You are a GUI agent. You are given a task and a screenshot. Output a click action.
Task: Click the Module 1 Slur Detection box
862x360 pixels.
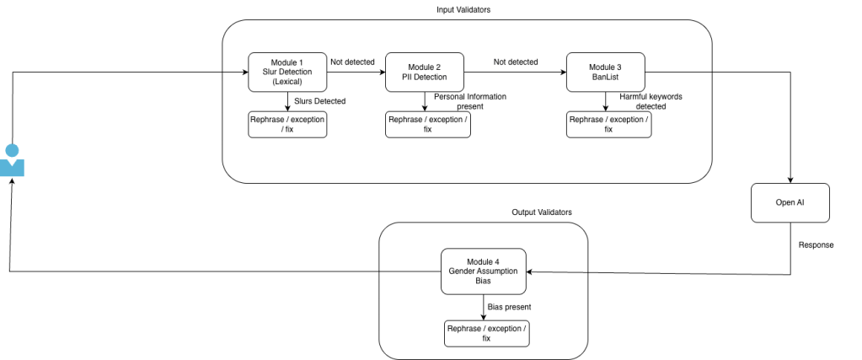[x=287, y=73]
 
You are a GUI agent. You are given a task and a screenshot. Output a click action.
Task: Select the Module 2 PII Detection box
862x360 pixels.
[x=425, y=73]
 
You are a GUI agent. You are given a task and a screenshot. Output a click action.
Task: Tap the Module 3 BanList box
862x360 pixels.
[x=606, y=73]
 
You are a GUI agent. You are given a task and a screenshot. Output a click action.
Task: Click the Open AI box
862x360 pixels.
[x=790, y=202]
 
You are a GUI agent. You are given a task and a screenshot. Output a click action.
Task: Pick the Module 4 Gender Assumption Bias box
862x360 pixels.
[x=484, y=271]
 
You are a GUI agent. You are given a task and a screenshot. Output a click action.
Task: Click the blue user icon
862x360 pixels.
[x=12, y=160]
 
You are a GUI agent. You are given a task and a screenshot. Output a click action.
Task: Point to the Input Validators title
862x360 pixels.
[x=463, y=10]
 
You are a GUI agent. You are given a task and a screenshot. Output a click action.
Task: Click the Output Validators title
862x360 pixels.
[x=542, y=212]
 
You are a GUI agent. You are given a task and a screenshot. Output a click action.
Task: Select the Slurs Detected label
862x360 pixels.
[x=320, y=101]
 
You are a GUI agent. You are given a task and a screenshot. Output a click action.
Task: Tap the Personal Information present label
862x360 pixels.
[x=470, y=101]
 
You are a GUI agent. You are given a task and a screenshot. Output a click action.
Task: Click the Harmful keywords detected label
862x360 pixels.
[x=651, y=101]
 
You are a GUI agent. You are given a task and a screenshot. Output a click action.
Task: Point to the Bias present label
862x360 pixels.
[x=509, y=307]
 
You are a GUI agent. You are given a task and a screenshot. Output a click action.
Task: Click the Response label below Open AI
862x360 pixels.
[x=816, y=245]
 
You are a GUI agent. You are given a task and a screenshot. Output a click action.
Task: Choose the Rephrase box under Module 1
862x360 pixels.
[x=287, y=125]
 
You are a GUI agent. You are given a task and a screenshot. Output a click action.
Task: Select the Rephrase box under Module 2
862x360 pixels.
[x=428, y=125]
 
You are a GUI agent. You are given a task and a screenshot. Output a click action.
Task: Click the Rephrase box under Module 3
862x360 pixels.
[x=609, y=125]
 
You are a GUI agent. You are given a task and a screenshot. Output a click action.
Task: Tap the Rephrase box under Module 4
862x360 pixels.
[x=487, y=334]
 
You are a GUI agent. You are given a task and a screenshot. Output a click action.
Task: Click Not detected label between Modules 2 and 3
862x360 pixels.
[x=516, y=62]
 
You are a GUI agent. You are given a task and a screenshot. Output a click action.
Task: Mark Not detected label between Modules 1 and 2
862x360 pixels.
[x=352, y=62]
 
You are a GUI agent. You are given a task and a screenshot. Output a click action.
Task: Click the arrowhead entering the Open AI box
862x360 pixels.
[x=790, y=180]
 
